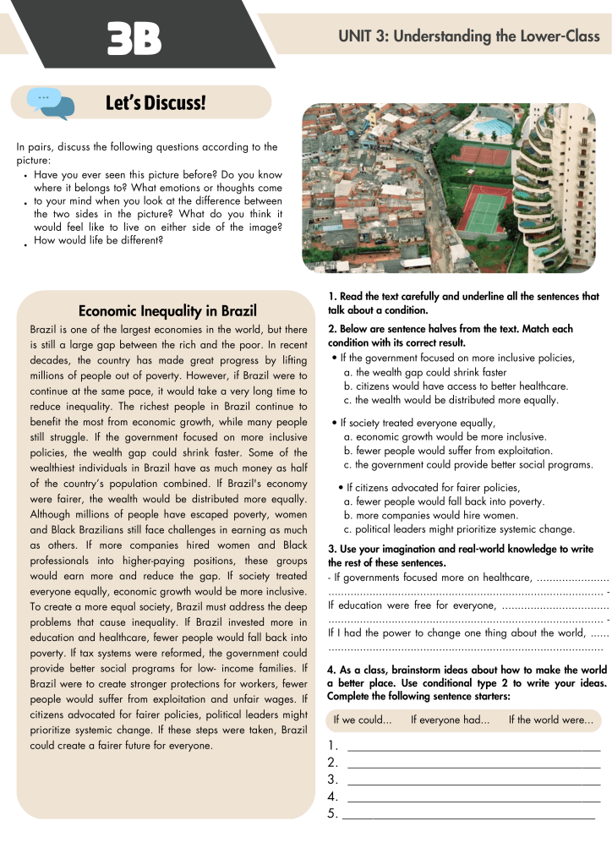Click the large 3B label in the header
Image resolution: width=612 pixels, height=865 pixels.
coord(134,40)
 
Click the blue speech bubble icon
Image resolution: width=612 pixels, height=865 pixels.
coord(50,103)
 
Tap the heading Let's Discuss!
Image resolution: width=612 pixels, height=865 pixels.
coord(156,103)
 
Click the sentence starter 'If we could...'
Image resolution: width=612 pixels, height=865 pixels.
coord(363,720)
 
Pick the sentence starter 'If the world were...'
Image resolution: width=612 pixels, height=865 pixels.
coord(550,720)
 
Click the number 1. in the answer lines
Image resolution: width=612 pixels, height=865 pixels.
coord(332,746)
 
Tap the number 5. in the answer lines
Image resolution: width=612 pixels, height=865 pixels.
coord(332,814)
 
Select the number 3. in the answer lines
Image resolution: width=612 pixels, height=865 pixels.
coord(332,780)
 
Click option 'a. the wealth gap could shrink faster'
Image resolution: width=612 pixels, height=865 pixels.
coord(425,372)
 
